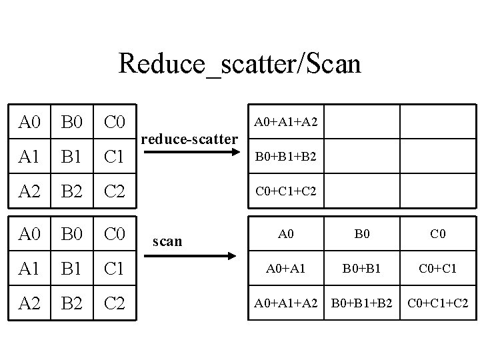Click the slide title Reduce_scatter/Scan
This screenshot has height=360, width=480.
[239, 64]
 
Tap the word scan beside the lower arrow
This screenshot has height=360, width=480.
[167, 241]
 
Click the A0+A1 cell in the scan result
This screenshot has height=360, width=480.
[285, 269]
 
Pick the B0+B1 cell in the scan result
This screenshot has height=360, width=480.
[361, 269]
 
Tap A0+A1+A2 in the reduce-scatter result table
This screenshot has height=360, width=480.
[286, 122]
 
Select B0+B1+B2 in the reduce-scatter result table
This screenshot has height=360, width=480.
[286, 158]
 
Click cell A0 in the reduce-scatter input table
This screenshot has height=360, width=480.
[31, 123]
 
